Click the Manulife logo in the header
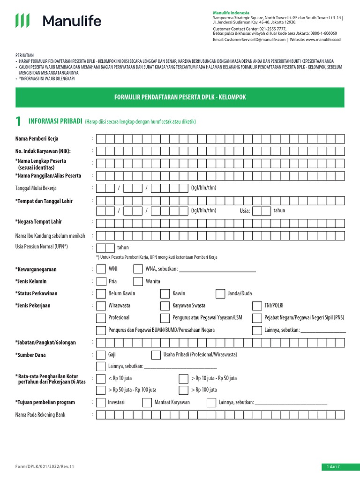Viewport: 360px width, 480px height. [58, 21]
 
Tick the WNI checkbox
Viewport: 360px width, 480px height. [101, 269]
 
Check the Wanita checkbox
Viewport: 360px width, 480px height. [138, 281]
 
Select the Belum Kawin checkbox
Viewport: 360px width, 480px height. [101, 293]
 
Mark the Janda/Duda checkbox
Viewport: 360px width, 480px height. [220, 293]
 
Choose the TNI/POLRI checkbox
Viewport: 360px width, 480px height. [257, 306]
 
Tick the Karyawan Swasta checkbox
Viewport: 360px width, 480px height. [165, 306]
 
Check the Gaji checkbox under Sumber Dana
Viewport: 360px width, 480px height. [101, 354]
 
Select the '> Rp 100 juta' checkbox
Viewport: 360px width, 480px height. [184, 390]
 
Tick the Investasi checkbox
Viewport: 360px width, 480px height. [101, 403]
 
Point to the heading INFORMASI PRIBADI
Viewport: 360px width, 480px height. [55, 121]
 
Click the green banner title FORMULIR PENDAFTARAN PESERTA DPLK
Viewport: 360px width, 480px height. [180, 97]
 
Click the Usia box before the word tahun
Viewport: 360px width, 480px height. [265, 210]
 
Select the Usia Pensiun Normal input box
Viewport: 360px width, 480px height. [105, 247]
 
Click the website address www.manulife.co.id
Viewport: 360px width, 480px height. [323, 40]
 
